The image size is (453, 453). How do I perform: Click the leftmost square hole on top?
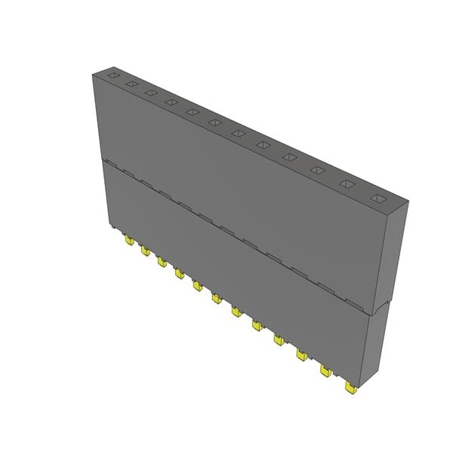pos(112,75)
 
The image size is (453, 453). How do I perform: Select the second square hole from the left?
pos(131,84)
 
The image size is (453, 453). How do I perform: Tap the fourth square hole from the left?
pos(171,103)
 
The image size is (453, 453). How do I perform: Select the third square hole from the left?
pos(150,93)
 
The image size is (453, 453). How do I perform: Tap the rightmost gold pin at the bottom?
pos(350,388)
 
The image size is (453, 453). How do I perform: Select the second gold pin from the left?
pos(145,251)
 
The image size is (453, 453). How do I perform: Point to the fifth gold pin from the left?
pos(197,285)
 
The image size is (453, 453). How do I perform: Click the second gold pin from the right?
pos(325,371)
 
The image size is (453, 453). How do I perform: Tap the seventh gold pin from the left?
pos(236,311)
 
